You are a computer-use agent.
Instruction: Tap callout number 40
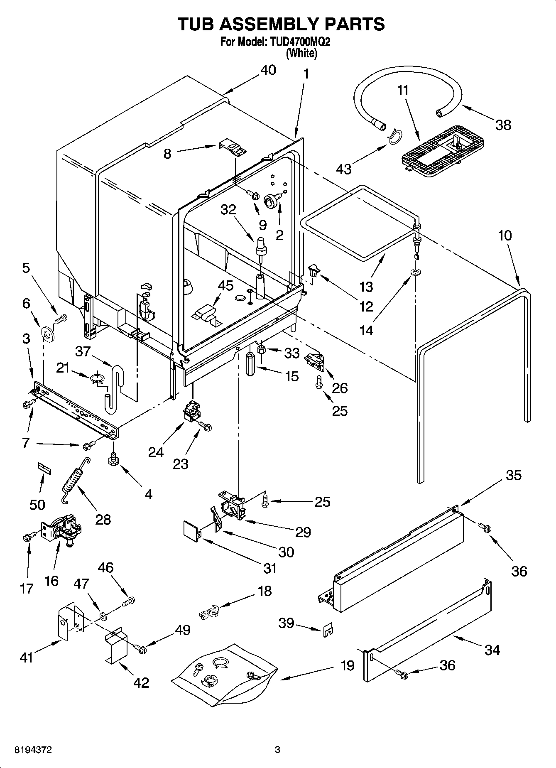pyautogui.click(x=268, y=70)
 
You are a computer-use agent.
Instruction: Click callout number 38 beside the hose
pyautogui.click(x=503, y=125)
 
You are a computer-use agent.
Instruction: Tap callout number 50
pyautogui.click(x=37, y=505)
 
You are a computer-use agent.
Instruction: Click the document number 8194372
pyautogui.click(x=33, y=750)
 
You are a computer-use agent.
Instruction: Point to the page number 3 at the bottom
pyautogui.click(x=277, y=750)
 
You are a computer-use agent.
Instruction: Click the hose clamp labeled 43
pyautogui.click(x=394, y=135)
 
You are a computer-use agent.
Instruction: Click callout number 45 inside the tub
pyautogui.click(x=225, y=286)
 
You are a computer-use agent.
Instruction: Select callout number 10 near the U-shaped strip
pyautogui.click(x=505, y=236)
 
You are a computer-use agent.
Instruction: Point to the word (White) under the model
pyautogui.click(x=301, y=53)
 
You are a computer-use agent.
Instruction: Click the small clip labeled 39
pyautogui.click(x=328, y=629)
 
